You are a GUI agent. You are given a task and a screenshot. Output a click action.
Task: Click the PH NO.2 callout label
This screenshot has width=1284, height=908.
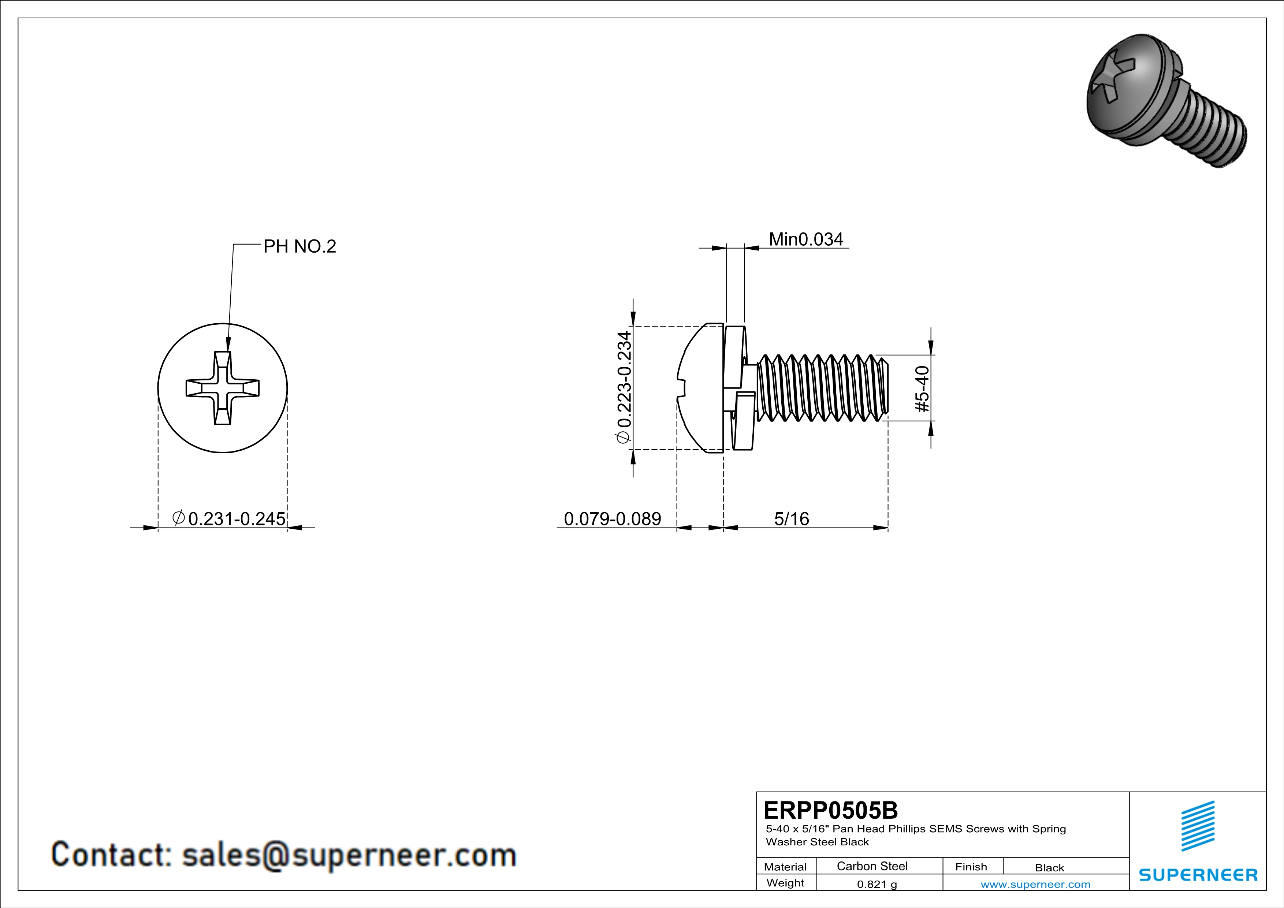click(x=300, y=246)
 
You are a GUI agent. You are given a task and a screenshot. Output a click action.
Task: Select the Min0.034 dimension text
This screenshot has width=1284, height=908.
click(x=806, y=239)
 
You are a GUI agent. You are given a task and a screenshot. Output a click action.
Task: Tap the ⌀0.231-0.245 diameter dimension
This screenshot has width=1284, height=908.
click(x=229, y=519)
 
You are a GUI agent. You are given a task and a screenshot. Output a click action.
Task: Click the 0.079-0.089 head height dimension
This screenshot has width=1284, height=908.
click(x=613, y=519)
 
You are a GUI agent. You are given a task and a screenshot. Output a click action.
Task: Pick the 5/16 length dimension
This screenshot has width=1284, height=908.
click(x=791, y=519)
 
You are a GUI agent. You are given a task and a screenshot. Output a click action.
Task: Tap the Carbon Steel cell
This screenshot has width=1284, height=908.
click(x=872, y=866)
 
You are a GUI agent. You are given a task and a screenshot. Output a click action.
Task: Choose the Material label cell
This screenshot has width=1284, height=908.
click(x=785, y=867)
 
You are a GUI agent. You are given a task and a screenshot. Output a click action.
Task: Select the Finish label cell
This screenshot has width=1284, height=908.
click(x=971, y=867)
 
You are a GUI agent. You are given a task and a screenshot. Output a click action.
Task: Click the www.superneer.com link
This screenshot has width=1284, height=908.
click(x=1035, y=884)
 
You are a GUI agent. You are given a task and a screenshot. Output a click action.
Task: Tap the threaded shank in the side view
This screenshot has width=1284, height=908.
click(x=822, y=387)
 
